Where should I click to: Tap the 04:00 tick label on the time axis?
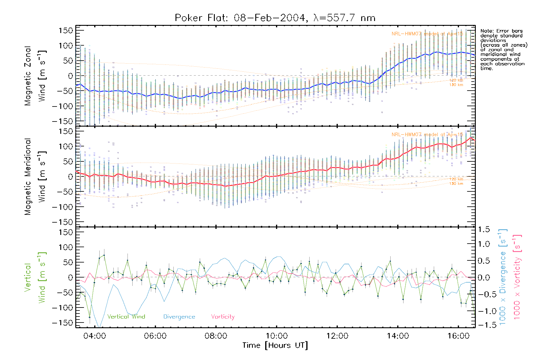click(94, 336)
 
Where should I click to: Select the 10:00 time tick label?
click(276, 336)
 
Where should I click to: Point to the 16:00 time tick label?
click(458, 336)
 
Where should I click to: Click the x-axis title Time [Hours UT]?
click(275, 346)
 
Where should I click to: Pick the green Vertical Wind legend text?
click(126, 317)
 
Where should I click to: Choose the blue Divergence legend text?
click(179, 317)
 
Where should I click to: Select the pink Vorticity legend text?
click(223, 317)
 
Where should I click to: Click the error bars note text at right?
click(503, 49)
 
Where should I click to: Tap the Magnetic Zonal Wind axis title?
click(35, 76)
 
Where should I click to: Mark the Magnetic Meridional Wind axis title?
click(35, 177)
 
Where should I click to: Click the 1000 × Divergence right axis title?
click(503, 277)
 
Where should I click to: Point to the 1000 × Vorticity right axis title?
click(517, 277)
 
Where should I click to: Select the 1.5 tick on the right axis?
click(484, 229)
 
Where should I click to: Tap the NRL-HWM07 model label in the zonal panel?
click(427, 34)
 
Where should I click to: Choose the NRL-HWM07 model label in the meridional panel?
click(427, 135)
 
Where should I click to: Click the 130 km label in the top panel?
click(456, 85)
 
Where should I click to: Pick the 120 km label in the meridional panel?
click(456, 179)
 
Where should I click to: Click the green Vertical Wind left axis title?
click(35, 277)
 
